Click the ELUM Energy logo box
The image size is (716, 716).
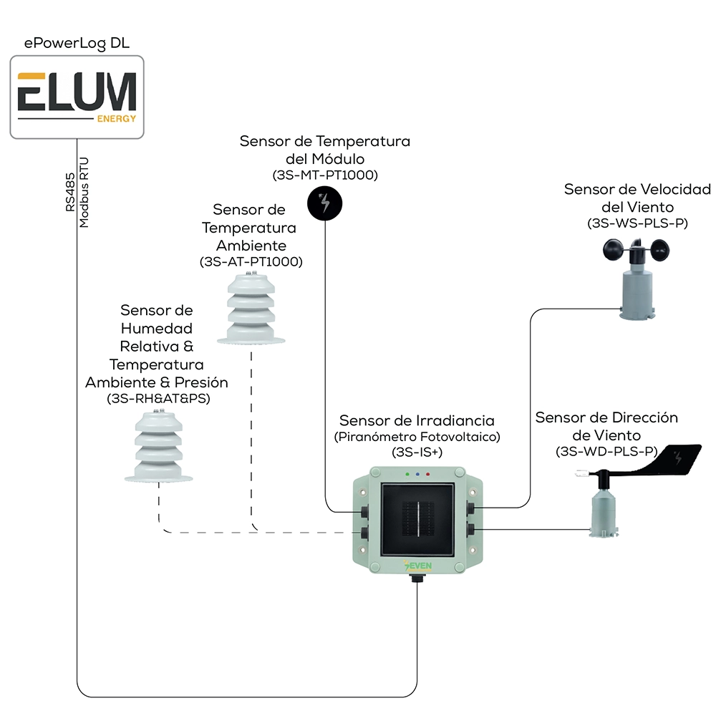click(x=77, y=97)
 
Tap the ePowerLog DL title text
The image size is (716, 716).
click(x=77, y=44)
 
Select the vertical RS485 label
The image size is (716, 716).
click(x=70, y=192)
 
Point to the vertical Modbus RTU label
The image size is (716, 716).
click(x=84, y=193)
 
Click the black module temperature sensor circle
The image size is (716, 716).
click(x=324, y=203)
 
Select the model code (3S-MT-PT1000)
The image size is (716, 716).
click(x=325, y=175)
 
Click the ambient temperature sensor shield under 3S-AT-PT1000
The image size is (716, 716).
click(x=251, y=308)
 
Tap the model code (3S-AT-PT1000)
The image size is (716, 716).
click(x=251, y=261)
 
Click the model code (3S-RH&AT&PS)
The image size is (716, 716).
click(x=158, y=399)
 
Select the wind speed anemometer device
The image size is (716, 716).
click(x=637, y=279)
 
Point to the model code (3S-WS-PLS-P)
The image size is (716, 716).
click(x=637, y=223)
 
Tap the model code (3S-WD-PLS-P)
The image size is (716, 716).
click(x=606, y=452)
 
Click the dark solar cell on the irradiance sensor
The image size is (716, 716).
click(x=418, y=519)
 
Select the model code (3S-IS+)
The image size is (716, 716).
click(x=417, y=452)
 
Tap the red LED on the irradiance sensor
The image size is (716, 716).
click(x=428, y=475)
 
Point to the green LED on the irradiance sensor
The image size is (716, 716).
click(x=408, y=475)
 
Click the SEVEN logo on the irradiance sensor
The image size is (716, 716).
click(x=418, y=566)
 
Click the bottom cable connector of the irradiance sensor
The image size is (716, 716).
click(x=417, y=578)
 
